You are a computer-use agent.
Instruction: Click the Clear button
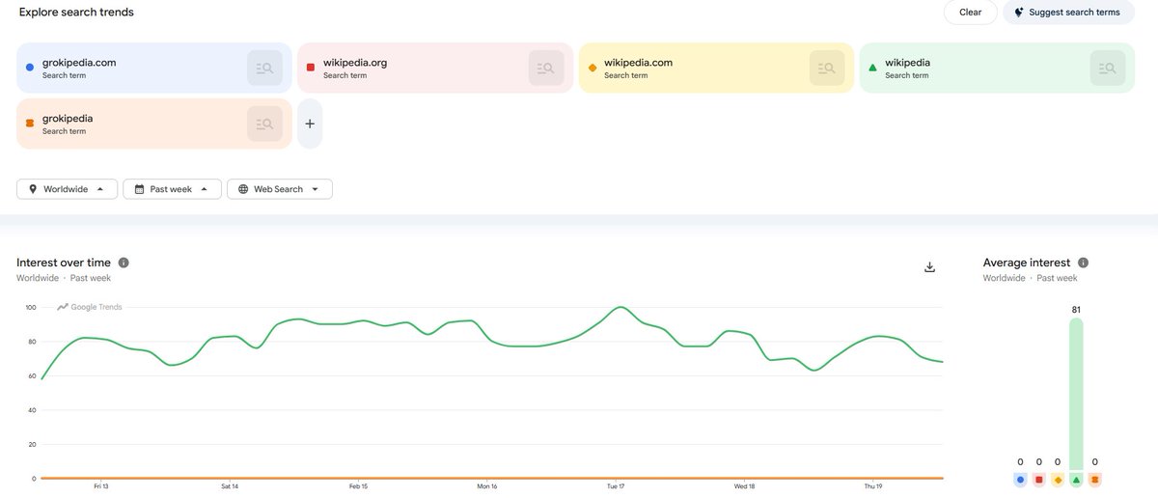[x=970, y=12]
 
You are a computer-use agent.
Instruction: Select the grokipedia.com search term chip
[x=154, y=68]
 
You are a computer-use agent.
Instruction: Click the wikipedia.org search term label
[x=355, y=63]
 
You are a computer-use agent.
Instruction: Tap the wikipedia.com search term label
[x=638, y=63]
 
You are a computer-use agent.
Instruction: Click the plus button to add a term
[x=310, y=124]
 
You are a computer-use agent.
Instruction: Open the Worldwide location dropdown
[x=67, y=189]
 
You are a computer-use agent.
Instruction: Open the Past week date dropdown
[x=172, y=189]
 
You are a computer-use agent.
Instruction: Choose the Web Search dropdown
[x=280, y=189]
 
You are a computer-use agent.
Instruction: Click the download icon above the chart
[x=929, y=266]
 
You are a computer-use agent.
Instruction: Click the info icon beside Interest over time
[x=124, y=263]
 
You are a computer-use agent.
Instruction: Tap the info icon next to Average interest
[x=1083, y=263]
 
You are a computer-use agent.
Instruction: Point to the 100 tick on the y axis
[x=31, y=307]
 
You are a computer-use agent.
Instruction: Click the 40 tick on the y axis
[x=32, y=410]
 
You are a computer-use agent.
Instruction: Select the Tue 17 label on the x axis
[x=616, y=486]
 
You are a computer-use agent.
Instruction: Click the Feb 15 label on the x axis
[x=358, y=486]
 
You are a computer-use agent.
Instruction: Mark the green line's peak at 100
[x=620, y=307]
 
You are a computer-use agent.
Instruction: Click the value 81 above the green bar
[x=1076, y=310]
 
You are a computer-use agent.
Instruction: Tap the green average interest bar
[x=1076, y=394]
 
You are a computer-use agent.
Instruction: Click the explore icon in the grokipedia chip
[x=264, y=124]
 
